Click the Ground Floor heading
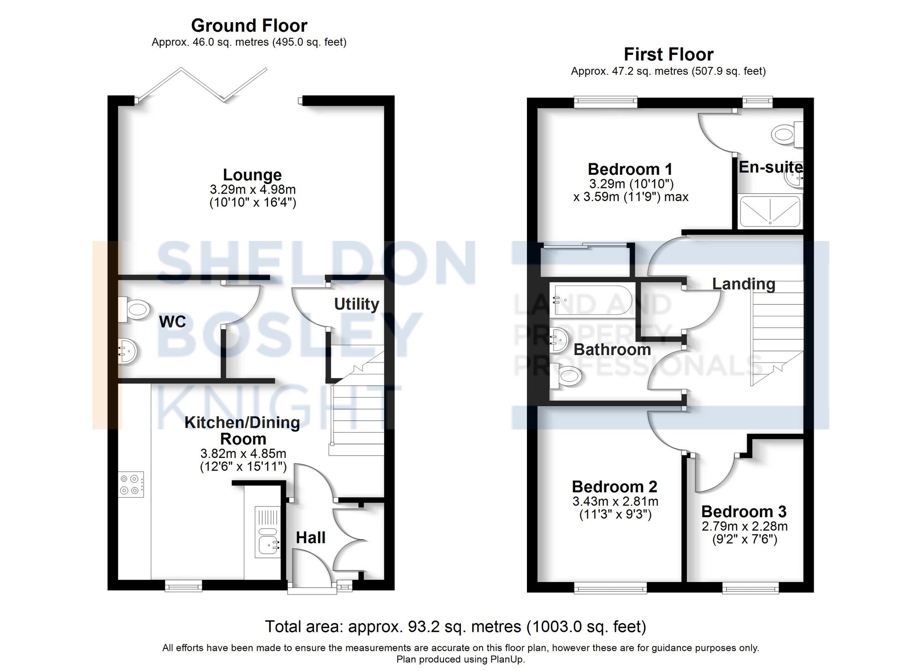pos(249,25)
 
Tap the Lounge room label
pos(252,175)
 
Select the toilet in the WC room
pos(134,309)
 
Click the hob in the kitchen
pos(131,484)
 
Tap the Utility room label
pos(356,304)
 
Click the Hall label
pos(310,538)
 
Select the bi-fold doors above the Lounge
pos(203,85)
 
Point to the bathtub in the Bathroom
pos(592,300)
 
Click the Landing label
pos(743,284)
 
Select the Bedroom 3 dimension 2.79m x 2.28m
pos(744,526)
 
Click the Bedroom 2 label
pos(614,487)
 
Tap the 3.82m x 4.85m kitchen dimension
pos(243,453)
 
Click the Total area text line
pos(455,627)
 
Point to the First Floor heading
pos(668,54)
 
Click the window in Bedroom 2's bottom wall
pos(610,587)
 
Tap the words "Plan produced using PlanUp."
pos(460,659)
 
